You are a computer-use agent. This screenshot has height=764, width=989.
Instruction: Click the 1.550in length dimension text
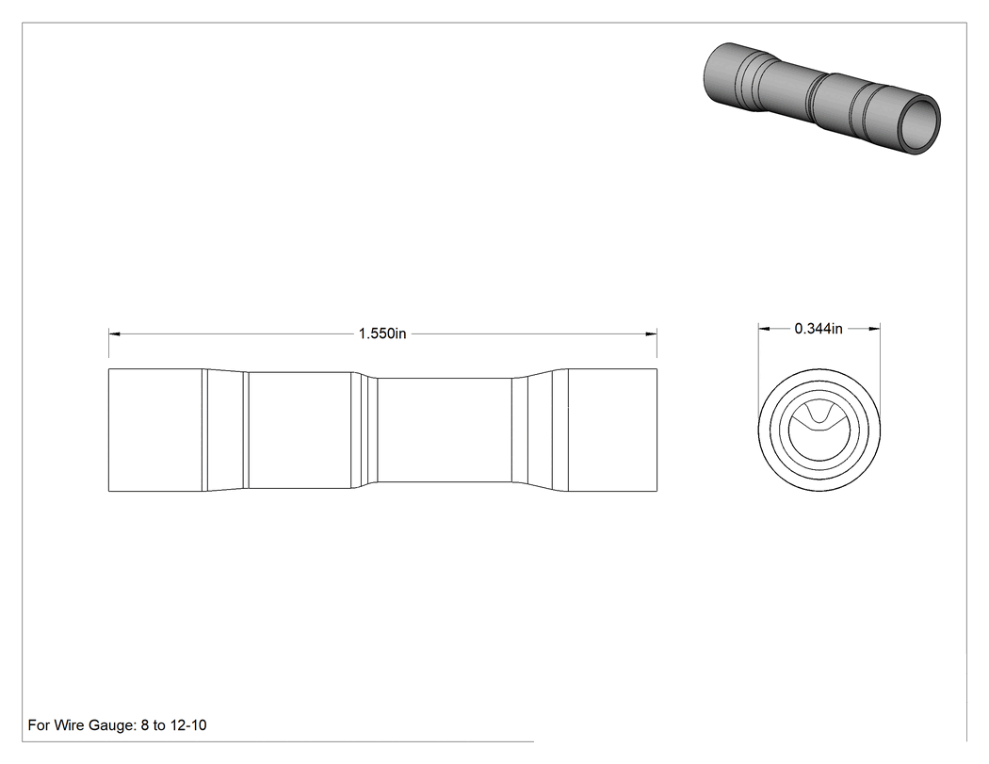pyautogui.click(x=382, y=333)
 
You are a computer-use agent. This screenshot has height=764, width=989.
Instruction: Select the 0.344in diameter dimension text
pyautogui.click(x=819, y=328)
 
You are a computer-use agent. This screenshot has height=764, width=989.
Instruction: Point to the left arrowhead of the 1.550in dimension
pyautogui.click(x=115, y=333)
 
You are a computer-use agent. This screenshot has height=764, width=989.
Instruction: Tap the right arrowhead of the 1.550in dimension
pyautogui.click(x=650, y=333)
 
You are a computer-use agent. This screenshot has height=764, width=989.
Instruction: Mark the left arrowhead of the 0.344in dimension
pyautogui.click(x=765, y=328)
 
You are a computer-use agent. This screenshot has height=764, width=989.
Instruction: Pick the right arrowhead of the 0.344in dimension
pyautogui.click(x=873, y=328)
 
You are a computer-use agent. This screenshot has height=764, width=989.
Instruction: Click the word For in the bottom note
pyautogui.click(x=39, y=724)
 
